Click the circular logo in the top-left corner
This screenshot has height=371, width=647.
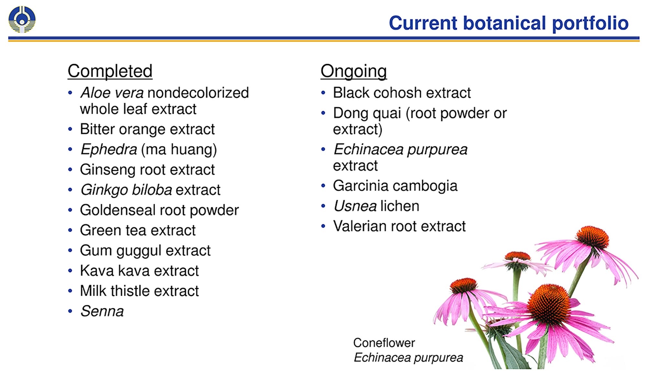pyautogui.click(x=22, y=19)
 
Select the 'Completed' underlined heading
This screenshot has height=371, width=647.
pyautogui.click(x=110, y=71)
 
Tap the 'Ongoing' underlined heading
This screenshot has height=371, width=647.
pyautogui.click(x=354, y=71)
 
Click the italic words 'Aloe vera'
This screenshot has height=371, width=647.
pyautogui.click(x=112, y=93)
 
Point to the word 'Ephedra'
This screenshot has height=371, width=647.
pyautogui.click(x=109, y=150)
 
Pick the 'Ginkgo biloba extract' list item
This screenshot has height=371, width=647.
pyautogui.click(x=150, y=190)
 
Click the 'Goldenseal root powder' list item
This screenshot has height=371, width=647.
pyautogui.click(x=159, y=210)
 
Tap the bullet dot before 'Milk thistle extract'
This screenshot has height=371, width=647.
pyautogui.click(x=70, y=291)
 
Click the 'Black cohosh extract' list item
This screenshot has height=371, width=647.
pyautogui.click(x=402, y=93)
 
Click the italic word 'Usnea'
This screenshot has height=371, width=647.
pyautogui.click(x=355, y=206)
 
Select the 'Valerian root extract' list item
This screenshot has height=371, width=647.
pyautogui.click(x=399, y=227)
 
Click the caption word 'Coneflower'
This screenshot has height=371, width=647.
pyautogui.click(x=384, y=343)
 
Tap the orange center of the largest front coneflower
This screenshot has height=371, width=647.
pyautogui.click(x=549, y=304)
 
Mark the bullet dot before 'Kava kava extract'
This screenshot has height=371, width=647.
pyautogui.click(x=70, y=271)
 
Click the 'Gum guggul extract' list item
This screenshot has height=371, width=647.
pyautogui.click(x=145, y=251)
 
